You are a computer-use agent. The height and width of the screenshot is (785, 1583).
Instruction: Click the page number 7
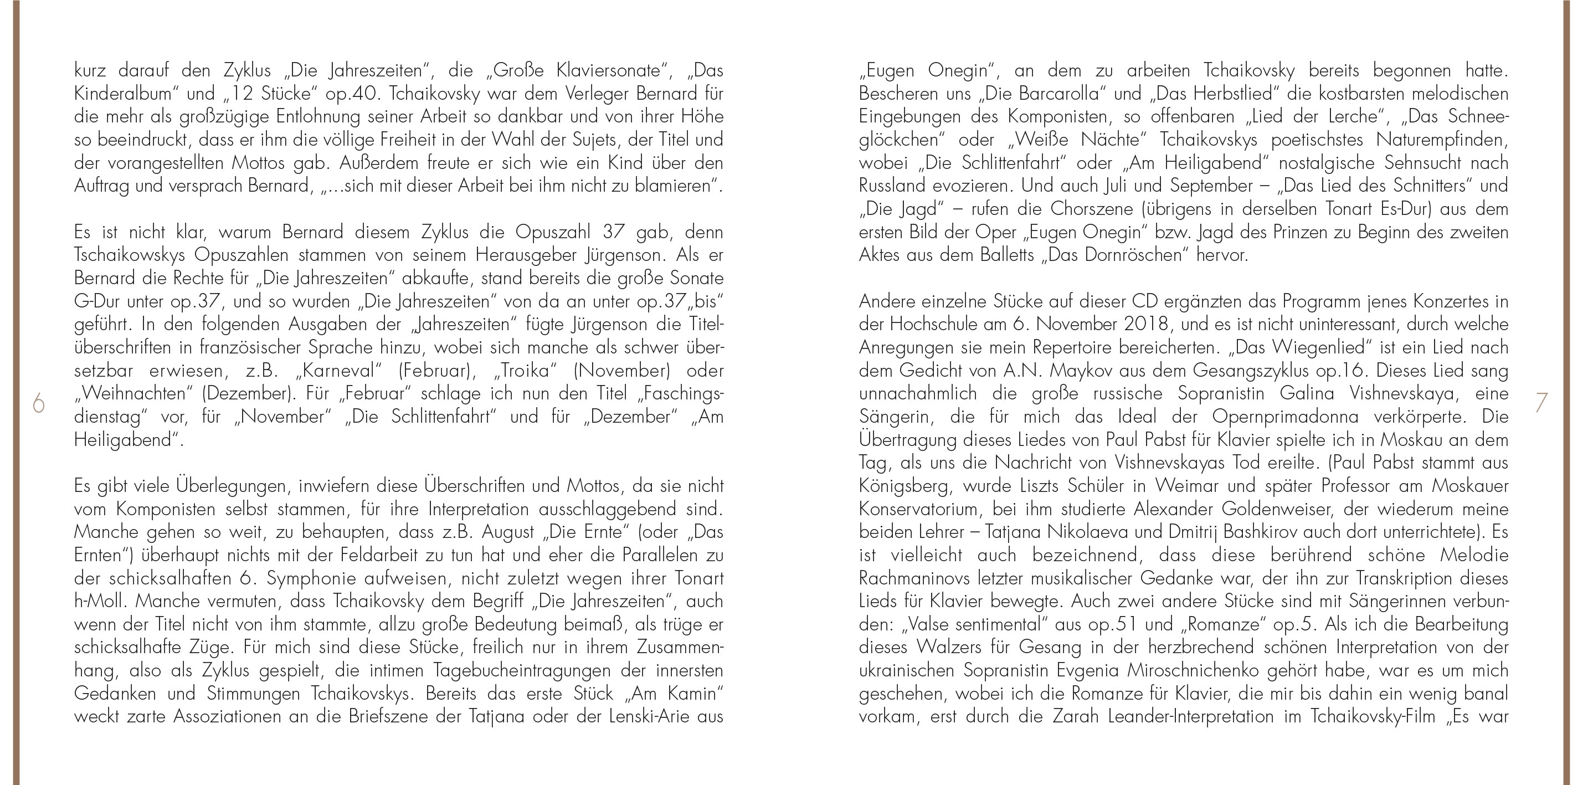[x=1540, y=403]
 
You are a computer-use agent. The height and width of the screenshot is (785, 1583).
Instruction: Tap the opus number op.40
[x=361, y=94]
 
